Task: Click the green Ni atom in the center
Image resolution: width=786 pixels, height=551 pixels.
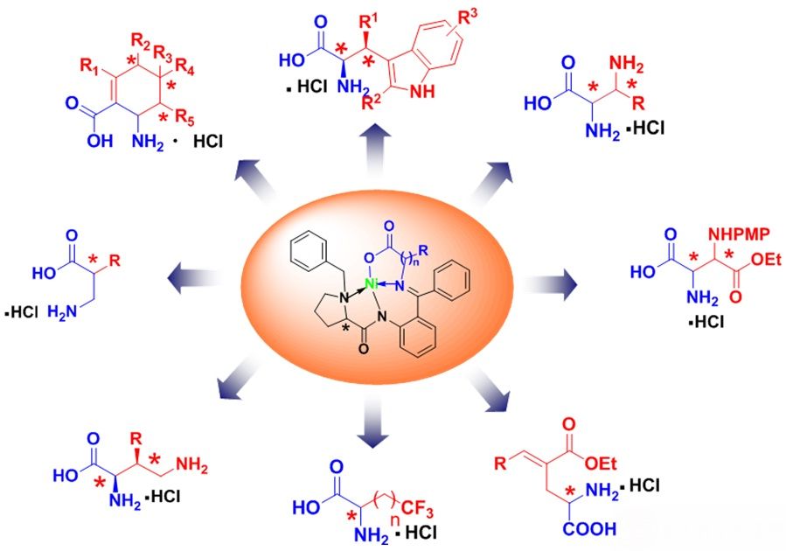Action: (371, 284)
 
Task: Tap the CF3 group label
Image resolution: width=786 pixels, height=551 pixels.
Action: (416, 510)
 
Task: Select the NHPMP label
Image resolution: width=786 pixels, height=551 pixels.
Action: (739, 234)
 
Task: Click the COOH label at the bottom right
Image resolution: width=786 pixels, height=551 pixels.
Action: (589, 529)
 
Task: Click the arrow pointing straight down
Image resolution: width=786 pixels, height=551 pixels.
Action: (373, 420)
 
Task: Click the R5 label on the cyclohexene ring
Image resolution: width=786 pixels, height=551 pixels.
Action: (184, 117)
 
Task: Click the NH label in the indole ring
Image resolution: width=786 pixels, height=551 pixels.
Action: (422, 92)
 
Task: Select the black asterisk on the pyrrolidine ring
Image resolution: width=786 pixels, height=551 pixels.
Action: (344, 328)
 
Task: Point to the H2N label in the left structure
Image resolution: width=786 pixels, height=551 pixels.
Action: (63, 312)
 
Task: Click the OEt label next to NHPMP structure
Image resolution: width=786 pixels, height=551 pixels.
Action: (767, 259)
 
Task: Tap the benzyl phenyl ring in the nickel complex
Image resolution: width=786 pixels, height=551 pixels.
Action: (307, 249)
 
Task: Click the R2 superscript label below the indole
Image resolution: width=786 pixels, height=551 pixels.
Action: (372, 102)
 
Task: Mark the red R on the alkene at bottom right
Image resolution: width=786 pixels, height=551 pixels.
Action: (500, 463)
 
